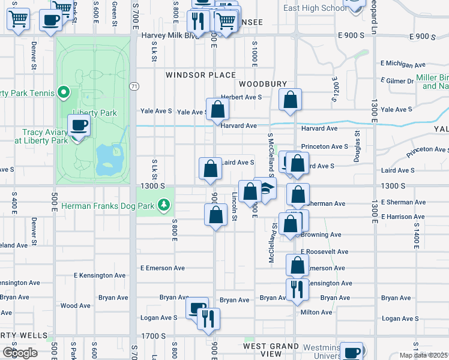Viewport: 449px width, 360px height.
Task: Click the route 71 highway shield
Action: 133,87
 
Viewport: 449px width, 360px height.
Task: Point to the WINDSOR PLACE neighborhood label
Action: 200,75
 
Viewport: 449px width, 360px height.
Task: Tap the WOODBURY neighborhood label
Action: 262,85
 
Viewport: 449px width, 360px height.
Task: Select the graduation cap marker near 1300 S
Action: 265,190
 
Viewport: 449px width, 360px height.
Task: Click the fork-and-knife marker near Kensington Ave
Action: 298,290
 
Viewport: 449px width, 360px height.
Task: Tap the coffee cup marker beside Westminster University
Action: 352,352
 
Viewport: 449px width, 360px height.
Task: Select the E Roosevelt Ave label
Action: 325,252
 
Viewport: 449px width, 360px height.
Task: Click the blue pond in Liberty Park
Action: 109,157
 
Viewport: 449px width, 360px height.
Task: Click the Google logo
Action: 20,352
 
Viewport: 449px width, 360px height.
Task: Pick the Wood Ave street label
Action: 76,305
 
